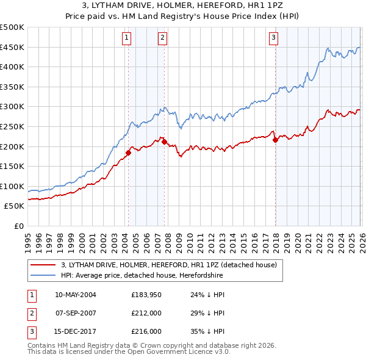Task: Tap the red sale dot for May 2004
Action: click(128, 153)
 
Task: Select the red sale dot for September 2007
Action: click(164, 142)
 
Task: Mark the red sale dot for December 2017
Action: click(275, 140)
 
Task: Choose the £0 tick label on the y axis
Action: click(18, 226)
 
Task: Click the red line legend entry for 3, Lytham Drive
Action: click(169, 265)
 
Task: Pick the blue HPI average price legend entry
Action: click(142, 276)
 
